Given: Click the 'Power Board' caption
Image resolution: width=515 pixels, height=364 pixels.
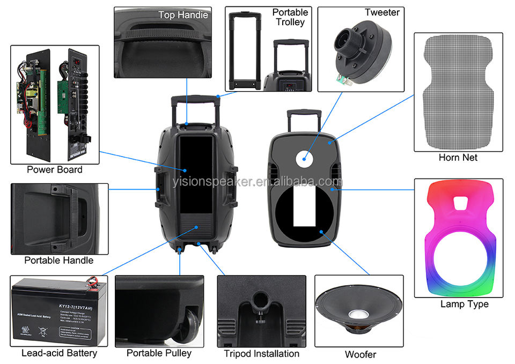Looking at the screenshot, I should point(55,169).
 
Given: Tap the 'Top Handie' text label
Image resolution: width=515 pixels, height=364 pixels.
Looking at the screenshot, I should point(183,15).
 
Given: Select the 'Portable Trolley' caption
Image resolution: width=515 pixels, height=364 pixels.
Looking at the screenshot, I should point(290,17).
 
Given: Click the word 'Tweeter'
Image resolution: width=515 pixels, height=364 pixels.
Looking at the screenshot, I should point(382,12).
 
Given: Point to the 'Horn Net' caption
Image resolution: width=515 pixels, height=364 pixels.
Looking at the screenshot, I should point(458,158).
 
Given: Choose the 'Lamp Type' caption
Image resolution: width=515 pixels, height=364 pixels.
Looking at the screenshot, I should point(465,304).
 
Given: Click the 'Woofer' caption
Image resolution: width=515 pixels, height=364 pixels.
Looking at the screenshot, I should point(360,354).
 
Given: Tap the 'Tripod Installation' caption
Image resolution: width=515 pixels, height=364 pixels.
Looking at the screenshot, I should point(261,353).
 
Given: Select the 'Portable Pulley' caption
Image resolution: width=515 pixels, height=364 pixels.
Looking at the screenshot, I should point(159,353).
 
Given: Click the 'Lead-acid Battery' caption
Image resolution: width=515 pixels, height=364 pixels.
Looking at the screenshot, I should point(59,353).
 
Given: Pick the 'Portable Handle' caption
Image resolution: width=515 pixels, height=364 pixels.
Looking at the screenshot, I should point(58,261).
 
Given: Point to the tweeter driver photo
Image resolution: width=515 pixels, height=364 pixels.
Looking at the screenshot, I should point(359,54).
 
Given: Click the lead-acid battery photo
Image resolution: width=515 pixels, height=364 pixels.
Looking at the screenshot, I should point(59,311).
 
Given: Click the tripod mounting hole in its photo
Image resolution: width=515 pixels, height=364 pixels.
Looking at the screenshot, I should point(260,297).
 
